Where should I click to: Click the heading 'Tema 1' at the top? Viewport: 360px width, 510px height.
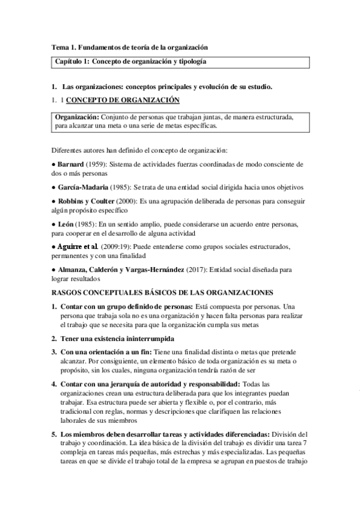129,47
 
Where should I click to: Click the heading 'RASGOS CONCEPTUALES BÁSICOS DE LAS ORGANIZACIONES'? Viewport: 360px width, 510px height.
162,293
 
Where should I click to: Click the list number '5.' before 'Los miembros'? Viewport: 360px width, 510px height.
54,434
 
